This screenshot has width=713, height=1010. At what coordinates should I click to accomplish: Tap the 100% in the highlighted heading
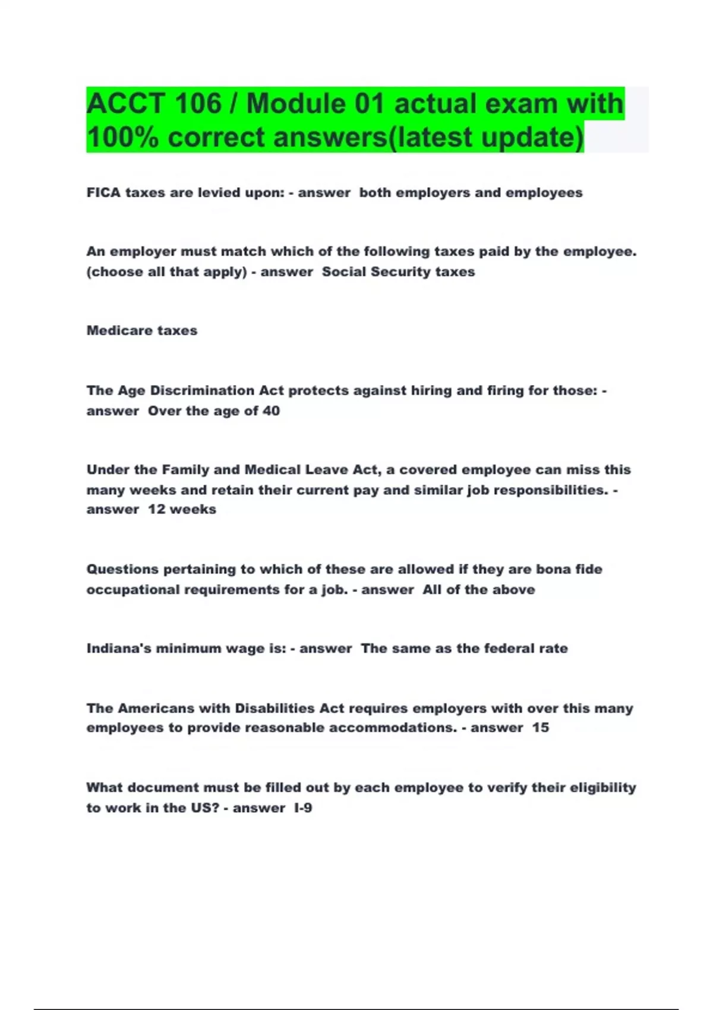(122, 138)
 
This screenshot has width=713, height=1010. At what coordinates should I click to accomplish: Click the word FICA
(103, 192)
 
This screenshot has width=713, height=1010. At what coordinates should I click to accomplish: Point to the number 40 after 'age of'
(271, 411)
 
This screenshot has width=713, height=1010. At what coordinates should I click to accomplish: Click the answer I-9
(303, 807)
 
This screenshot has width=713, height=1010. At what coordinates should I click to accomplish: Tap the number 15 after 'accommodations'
(540, 727)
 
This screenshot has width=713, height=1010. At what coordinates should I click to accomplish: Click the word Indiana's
(119, 648)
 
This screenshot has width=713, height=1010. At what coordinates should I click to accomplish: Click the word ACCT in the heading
(125, 104)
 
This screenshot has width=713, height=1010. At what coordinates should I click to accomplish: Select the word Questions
(122, 569)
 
